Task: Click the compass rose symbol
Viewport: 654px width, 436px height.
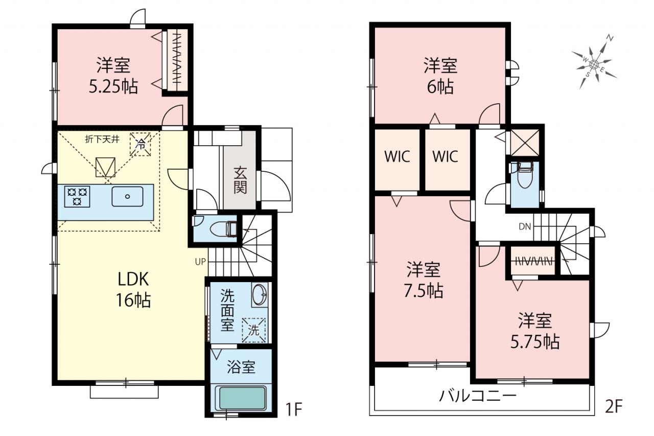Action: [x=594, y=63]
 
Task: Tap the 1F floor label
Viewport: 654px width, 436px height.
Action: [x=294, y=409]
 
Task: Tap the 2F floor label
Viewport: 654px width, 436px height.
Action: [x=614, y=406]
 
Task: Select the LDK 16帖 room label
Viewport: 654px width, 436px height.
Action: [x=133, y=289]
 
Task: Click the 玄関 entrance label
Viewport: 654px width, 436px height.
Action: [x=240, y=180]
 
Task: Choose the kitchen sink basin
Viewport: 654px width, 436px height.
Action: [x=127, y=197]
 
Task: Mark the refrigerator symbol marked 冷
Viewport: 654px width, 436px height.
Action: [x=141, y=144]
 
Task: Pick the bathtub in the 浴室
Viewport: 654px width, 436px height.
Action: [x=241, y=398]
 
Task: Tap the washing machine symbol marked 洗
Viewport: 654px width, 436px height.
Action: [x=253, y=330]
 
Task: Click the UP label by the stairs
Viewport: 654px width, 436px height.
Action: [x=200, y=262]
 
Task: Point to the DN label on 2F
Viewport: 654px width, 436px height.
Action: [x=525, y=226]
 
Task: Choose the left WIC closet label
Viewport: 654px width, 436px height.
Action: [x=397, y=156]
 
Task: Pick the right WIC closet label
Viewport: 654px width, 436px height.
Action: [x=445, y=156]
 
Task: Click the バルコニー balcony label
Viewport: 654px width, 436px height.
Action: [x=478, y=396]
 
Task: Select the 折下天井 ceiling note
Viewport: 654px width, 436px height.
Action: [x=102, y=140]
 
